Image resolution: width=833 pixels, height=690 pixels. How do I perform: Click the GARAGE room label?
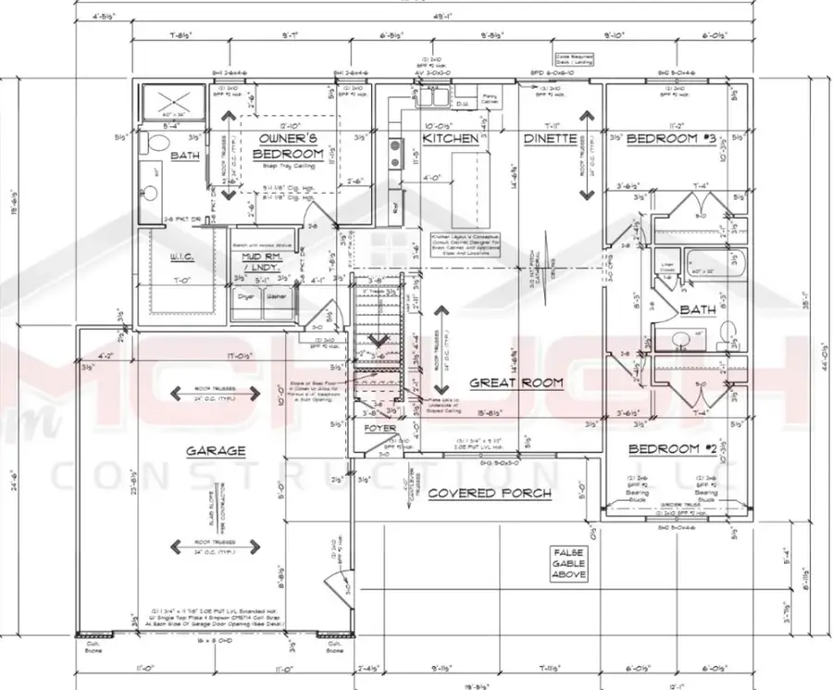(215, 451)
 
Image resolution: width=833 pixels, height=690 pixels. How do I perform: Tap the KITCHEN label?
(451, 139)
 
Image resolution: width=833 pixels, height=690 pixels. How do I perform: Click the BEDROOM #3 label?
(672, 139)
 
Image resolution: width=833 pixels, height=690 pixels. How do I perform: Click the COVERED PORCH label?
(489, 494)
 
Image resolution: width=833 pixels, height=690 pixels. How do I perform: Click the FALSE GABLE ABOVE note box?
(568, 562)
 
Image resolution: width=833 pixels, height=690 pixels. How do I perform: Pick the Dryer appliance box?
(246, 297)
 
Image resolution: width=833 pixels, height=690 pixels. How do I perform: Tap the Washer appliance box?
(276, 297)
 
